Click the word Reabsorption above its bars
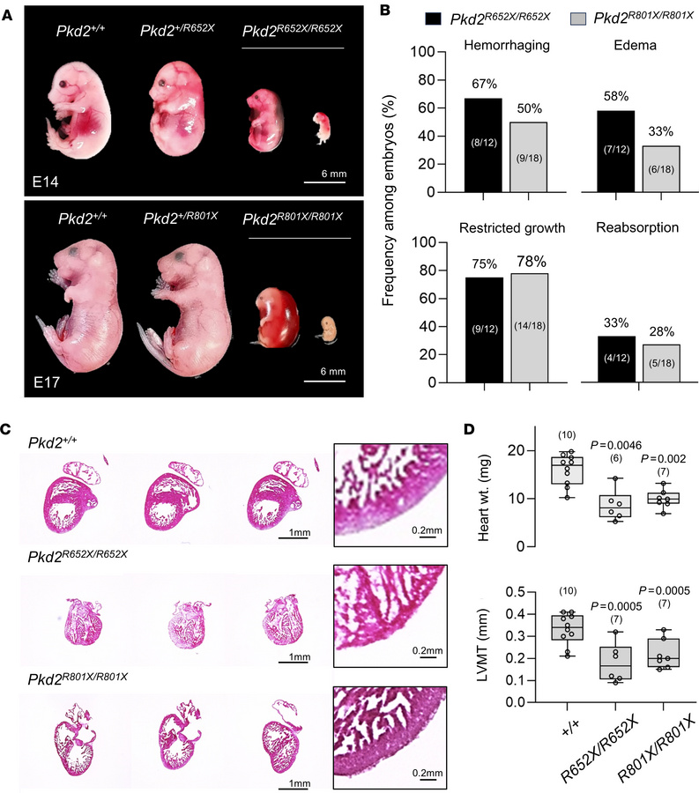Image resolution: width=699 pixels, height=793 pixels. [x=638, y=226]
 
